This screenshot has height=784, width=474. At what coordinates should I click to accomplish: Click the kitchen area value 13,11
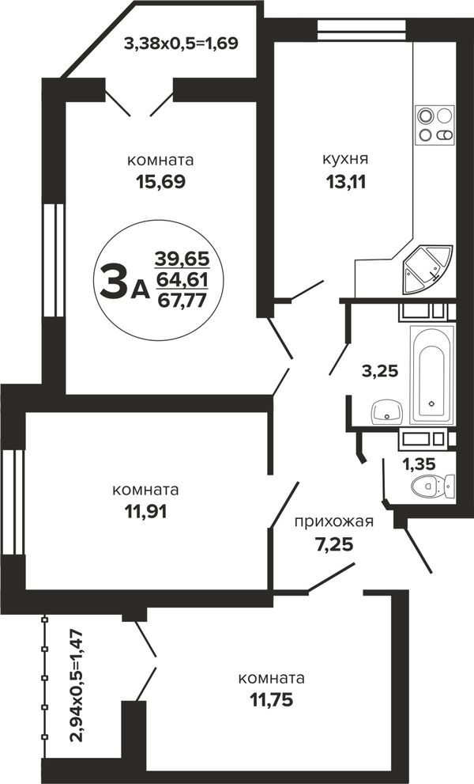(x=346, y=182)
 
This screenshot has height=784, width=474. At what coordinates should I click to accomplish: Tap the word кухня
(x=346, y=159)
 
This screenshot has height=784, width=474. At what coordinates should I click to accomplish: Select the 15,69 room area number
(x=161, y=182)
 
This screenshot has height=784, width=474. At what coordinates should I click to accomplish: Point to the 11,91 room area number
(x=146, y=511)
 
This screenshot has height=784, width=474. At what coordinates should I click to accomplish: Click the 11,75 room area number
(x=271, y=700)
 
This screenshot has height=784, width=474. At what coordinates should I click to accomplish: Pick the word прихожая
(x=333, y=522)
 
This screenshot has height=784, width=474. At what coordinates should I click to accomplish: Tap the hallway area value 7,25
(x=333, y=543)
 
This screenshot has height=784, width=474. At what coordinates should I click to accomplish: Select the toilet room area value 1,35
(x=419, y=464)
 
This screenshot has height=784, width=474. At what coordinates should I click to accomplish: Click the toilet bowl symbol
(x=433, y=485)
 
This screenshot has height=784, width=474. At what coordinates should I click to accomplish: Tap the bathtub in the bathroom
(x=432, y=374)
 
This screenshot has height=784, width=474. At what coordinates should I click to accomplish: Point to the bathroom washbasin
(x=386, y=411)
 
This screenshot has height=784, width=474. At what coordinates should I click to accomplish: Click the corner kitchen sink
(x=427, y=269)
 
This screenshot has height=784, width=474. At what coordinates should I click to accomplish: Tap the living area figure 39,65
(x=182, y=259)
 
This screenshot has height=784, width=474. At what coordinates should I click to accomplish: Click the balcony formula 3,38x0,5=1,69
(x=181, y=44)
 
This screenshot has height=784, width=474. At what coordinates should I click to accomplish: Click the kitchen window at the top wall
(x=362, y=29)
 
